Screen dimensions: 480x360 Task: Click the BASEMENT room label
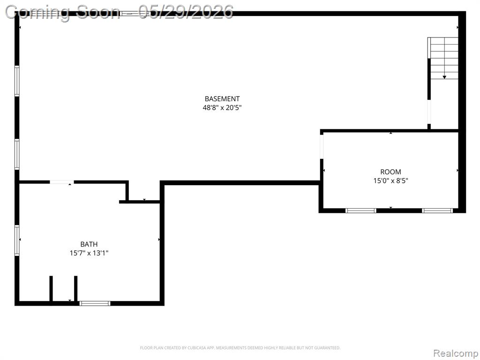pyautogui.click(x=222, y=99)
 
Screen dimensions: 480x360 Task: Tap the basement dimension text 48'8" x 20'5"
pyautogui.click(x=222, y=108)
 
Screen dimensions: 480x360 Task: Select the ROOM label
pyautogui.click(x=390, y=172)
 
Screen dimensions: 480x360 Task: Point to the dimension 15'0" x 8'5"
pyautogui.click(x=390, y=181)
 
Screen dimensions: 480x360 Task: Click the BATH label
pyautogui.click(x=89, y=244)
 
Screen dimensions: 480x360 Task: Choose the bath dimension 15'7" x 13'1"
pyautogui.click(x=89, y=253)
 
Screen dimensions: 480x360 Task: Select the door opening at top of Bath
pyautogui.click(x=62, y=182)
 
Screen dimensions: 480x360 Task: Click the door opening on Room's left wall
pyautogui.click(x=322, y=147)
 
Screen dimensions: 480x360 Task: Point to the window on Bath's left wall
pyautogui.click(x=17, y=240)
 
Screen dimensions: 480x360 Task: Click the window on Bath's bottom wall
pyautogui.click(x=95, y=303)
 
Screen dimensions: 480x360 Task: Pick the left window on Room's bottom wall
pyautogui.click(x=361, y=210)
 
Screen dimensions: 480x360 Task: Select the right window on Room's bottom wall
pyautogui.click(x=437, y=210)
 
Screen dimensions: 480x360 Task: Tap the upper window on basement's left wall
pyautogui.click(x=17, y=81)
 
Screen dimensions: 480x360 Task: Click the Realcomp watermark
pyautogui.click(x=455, y=353)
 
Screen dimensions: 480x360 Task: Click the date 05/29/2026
pyautogui.click(x=186, y=12)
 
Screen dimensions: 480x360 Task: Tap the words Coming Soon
pyautogui.click(x=63, y=13)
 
